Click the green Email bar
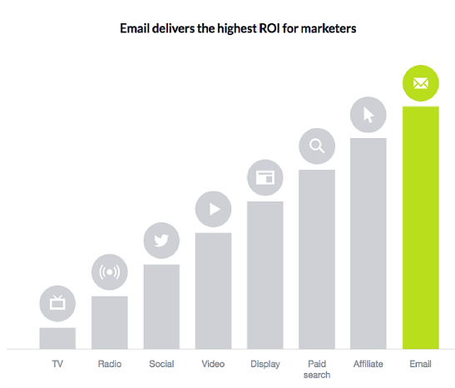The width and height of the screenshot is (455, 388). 420,227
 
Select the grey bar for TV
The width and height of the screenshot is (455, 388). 57,338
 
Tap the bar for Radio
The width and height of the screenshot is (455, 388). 109,322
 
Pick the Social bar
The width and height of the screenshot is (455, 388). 161,306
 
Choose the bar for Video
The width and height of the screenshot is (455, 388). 213,291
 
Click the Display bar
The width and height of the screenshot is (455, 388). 265,275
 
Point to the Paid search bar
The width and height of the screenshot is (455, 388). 316,259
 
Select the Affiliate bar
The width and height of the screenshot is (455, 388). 368,243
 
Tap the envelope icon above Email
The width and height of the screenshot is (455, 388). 420,83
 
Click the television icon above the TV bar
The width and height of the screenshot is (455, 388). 57,303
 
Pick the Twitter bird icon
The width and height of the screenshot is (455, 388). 161,241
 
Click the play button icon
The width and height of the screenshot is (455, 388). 213,209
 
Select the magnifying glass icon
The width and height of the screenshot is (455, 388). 316,147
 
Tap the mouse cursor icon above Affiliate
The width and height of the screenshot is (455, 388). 368,115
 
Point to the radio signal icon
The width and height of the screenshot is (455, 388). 109,272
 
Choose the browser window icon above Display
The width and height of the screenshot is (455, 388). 265,177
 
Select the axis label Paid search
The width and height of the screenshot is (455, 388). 316,369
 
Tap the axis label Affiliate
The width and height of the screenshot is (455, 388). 368,364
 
